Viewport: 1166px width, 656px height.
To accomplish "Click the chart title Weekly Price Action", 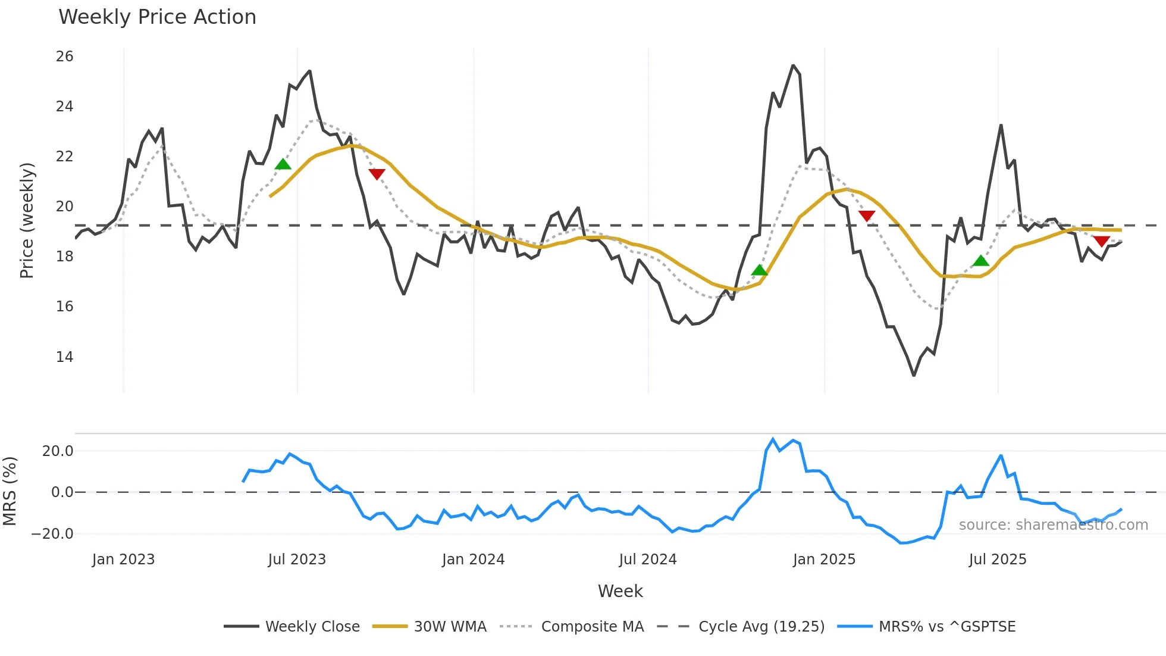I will click(x=157, y=17).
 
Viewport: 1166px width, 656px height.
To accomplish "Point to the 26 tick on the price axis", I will click(x=64, y=57).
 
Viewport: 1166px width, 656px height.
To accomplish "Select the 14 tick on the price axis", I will click(x=64, y=357).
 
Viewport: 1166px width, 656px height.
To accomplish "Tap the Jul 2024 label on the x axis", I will click(x=647, y=560).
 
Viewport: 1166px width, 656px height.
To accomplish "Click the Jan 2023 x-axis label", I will click(x=123, y=560).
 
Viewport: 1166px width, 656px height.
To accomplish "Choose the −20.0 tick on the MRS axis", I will click(x=52, y=533).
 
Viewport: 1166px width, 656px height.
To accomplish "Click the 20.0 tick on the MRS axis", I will click(x=58, y=451).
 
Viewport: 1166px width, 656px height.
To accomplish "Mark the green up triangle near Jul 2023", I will click(x=283, y=164).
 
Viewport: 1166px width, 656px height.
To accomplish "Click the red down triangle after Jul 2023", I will click(x=377, y=173).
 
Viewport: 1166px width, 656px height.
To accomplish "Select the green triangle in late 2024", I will click(x=759, y=270).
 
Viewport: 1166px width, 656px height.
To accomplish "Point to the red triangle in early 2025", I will click(x=867, y=215).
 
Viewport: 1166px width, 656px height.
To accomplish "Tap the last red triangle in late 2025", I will click(x=1101, y=241).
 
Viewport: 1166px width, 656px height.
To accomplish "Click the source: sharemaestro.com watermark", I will click(x=1053, y=525).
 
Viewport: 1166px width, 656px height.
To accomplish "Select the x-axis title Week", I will click(x=620, y=591).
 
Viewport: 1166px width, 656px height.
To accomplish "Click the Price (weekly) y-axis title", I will click(x=27, y=220).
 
